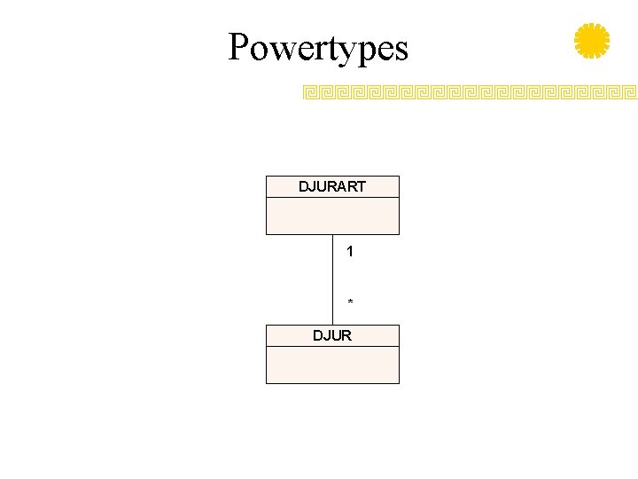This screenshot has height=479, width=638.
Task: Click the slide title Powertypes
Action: coord(318,47)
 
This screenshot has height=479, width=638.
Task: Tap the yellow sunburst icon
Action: coord(592,42)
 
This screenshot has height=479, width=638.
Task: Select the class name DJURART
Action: coord(332,186)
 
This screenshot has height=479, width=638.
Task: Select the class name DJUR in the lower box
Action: coord(332,335)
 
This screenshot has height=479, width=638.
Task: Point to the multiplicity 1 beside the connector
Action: coord(350,252)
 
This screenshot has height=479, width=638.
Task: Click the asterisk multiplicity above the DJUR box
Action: coord(350,303)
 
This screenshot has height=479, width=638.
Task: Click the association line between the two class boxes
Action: coord(333,279)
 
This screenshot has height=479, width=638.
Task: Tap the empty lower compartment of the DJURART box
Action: coord(332,216)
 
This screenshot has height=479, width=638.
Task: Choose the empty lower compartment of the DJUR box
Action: coord(332,365)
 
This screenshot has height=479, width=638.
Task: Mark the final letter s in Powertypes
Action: coord(401,50)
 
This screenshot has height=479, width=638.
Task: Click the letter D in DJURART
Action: coord(304,186)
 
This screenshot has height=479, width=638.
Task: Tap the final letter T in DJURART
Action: coord(361,186)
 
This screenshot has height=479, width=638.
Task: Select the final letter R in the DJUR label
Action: coord(346,335)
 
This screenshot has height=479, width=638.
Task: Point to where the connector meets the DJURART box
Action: coord(333,234)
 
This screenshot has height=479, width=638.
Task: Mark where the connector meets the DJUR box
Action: coord(333,325)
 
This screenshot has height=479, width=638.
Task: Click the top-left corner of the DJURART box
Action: coord(266,177)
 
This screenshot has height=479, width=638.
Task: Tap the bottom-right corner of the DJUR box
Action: coord(399,383)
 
